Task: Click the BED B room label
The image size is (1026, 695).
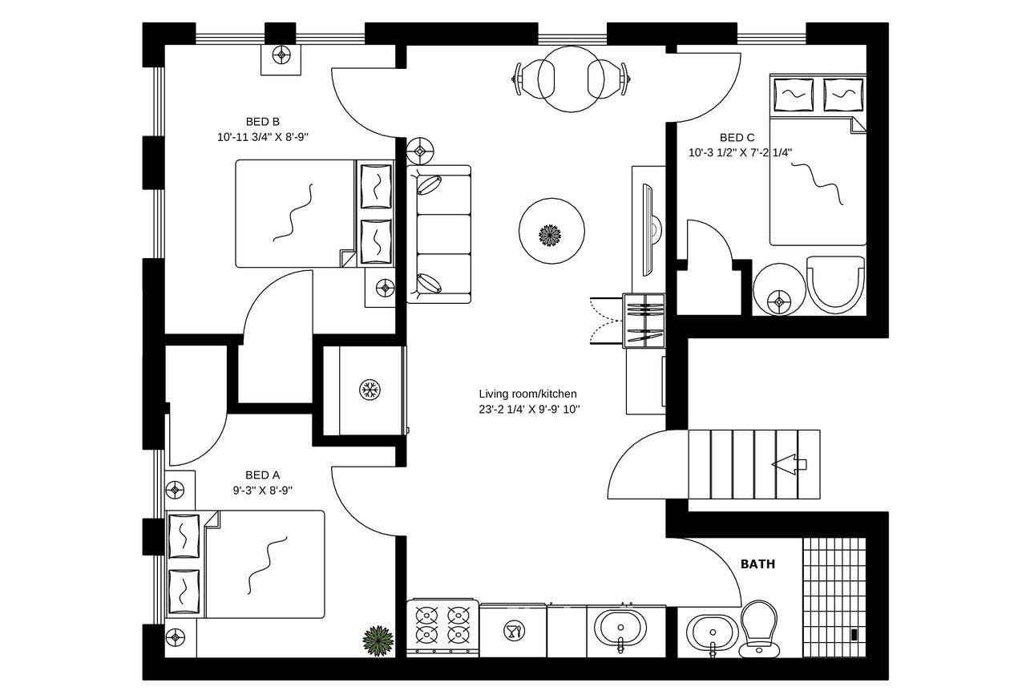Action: [x=262, y=122]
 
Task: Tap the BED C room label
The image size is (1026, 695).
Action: [x=737, y=138]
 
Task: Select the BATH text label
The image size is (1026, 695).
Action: [x=757, y=564]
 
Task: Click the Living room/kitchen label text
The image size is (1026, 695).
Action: [x=527, y=394]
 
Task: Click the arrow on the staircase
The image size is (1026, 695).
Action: [x=789, y=464]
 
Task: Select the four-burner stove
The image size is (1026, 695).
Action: [x=443, y=626]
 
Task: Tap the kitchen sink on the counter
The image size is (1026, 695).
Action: [x=620, y=627]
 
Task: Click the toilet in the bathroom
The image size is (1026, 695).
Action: [x=757, y=627]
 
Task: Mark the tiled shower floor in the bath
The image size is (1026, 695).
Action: [x=834, y=596]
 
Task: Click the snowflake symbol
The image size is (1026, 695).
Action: [x=369, y=390]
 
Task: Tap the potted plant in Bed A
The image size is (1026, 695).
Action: [x=378, y=640]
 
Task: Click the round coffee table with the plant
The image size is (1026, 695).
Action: [x=551, y=235]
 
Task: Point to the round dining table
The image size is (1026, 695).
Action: [x=570, y=79]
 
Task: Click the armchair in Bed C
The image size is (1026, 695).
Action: [x=835, y=283]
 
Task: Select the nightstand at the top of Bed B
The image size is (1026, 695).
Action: [x=281, y=57]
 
